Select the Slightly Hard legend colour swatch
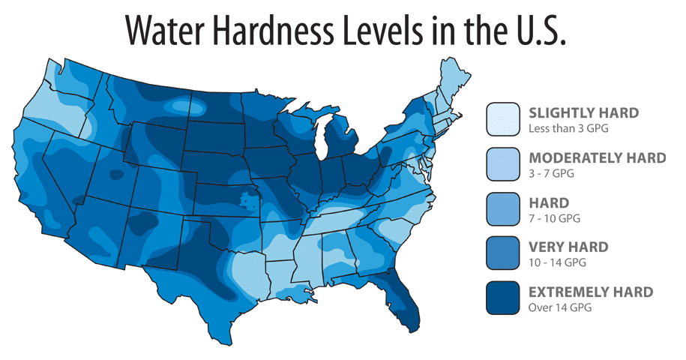(503, 119)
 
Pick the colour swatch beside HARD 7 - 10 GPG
(503, 208)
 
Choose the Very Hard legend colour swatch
(503, 253)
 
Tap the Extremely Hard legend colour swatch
(503, 297)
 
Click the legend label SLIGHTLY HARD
(583, 113)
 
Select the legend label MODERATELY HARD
(597, 157)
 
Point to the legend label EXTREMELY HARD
(591, 291)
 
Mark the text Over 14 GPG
(560, 307)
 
